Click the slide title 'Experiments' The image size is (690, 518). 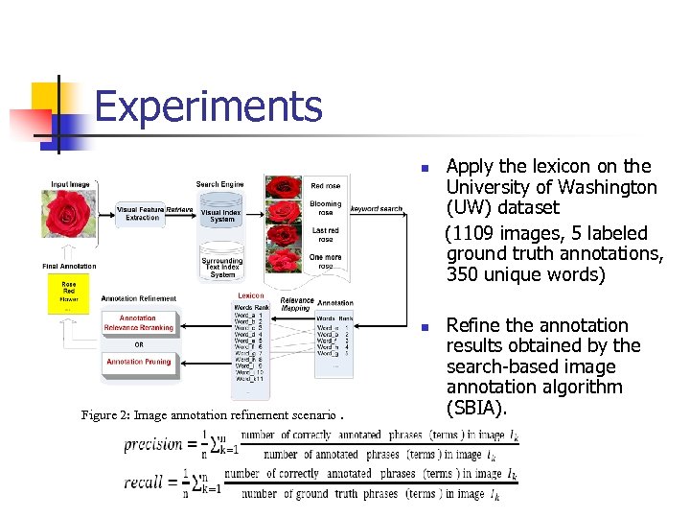(x=208, y=106)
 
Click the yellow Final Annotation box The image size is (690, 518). (x=68, y=294)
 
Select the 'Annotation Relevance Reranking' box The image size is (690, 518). (x=139, y=323)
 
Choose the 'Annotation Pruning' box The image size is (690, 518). (x=139, y=362)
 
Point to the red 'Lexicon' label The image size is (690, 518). (x=251, y=295)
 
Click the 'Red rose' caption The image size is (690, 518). (x=325, y=186)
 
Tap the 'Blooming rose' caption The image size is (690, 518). (x=325, y=208)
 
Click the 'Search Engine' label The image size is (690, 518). (x=219, y=184)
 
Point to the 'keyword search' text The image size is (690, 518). (x=376, y=208)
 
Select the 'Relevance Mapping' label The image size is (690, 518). (x=296, y=304)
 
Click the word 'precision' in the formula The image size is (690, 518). (x=153, y=443)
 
